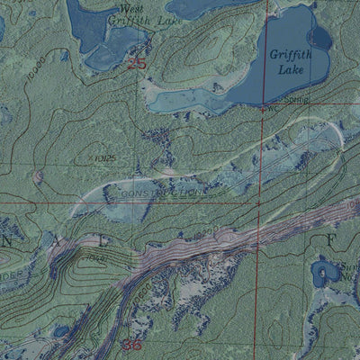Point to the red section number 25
click(137, 63)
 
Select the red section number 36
click(131, 345)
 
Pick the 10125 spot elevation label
click(105, 158)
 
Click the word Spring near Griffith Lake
click(298, 101)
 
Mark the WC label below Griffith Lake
click(272, 108)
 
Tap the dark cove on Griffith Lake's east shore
click(319, 37)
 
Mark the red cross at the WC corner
click(263, 108)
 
